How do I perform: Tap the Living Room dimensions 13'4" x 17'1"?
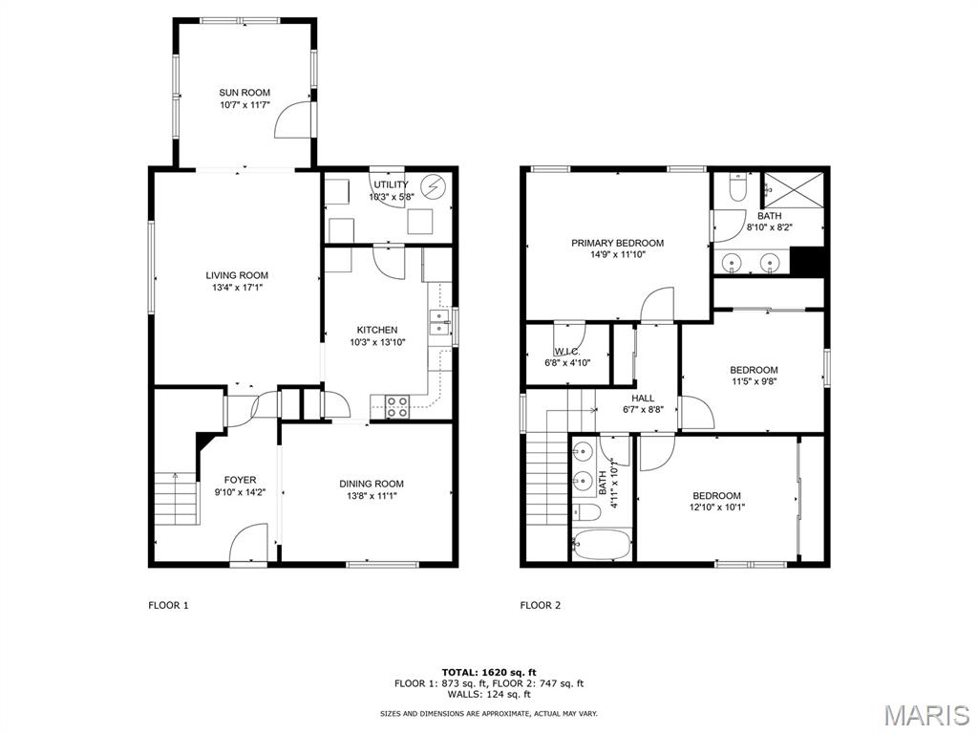tap(237, 288)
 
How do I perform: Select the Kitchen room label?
tap(377, 330)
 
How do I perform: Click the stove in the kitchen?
tap(397, 407)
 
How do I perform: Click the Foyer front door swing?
tap(248, 543)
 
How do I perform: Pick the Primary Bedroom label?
tap(617, 243)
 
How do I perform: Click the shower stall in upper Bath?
tap(793, 190)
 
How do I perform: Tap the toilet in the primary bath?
tap(734, 188)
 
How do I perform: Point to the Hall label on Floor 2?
tap(643, 399)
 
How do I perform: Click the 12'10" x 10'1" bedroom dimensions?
tap(716, 507)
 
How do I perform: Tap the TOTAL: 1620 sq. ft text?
tap(488, 672)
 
